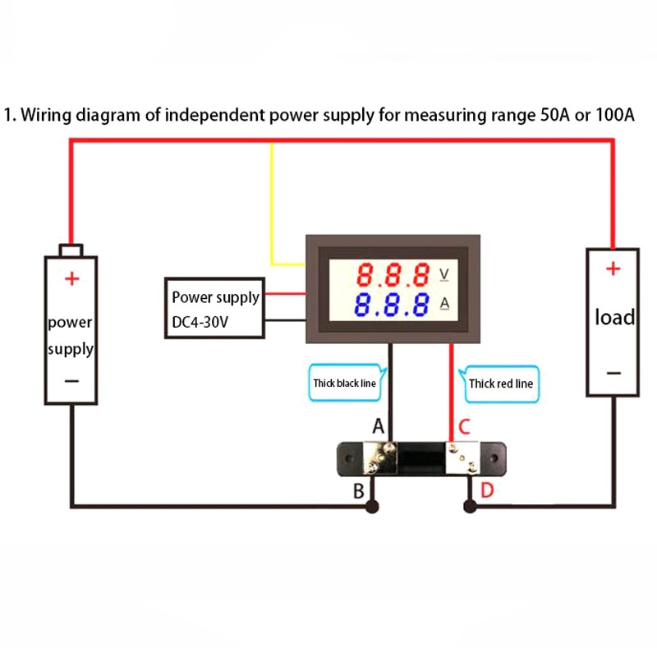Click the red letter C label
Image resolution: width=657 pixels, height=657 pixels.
coord(464,427)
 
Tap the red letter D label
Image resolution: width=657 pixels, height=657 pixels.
coord(487,491)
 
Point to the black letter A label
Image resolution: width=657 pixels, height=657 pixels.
coord(379,427)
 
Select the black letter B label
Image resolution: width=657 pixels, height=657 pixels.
coord(358,491)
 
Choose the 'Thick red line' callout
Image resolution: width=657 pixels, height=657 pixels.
coord(501,383)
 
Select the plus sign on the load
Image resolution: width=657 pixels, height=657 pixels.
coord(613,269)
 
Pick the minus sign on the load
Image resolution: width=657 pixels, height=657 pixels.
coord(613,373)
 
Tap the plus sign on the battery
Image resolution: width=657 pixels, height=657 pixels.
coord(72,278)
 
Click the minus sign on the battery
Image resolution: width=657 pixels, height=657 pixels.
coord(71,380)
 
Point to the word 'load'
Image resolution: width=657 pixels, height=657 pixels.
coord(614,317)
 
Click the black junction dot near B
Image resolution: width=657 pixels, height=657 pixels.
coord(372,507)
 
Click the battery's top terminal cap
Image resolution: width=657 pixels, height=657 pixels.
coord(71,249)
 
